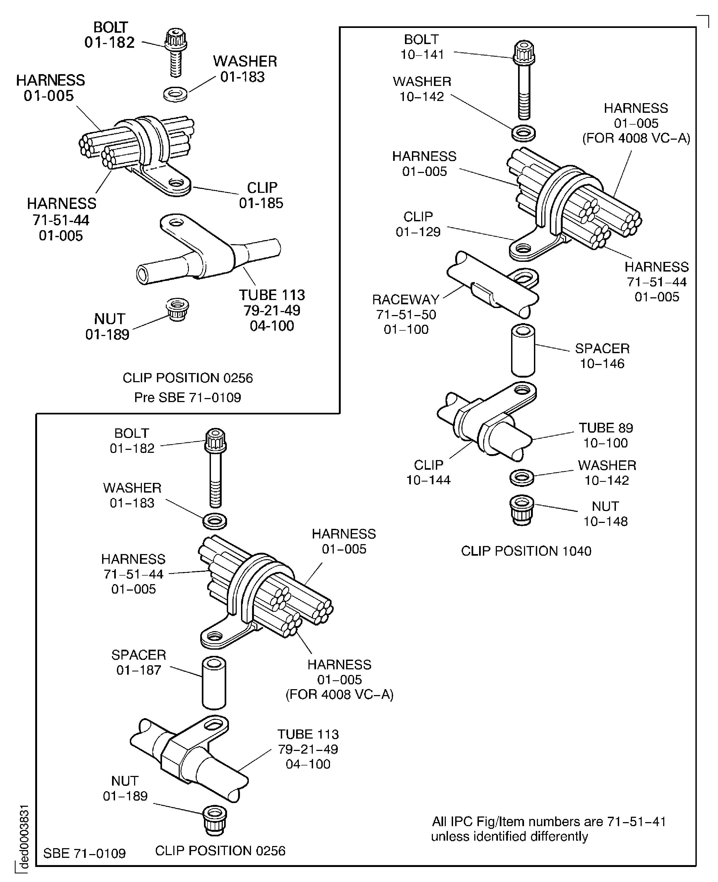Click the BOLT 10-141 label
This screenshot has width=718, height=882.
tap(421, 47)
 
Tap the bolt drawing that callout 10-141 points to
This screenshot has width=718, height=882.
tap(524, 78)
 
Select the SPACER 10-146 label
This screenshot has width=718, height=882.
tap(602, 356)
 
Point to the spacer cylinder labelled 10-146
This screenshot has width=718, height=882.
tap(523, 350)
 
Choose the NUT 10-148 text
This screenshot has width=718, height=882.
tap(605, 514)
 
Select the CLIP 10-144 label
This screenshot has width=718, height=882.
tap(429, 472)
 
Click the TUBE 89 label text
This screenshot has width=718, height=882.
tap(606, 428)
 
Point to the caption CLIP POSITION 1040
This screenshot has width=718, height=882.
tap(526, 551)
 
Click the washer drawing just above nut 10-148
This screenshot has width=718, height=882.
tap(522, 478)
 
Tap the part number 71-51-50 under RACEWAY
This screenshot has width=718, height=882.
tap(406, 315)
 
